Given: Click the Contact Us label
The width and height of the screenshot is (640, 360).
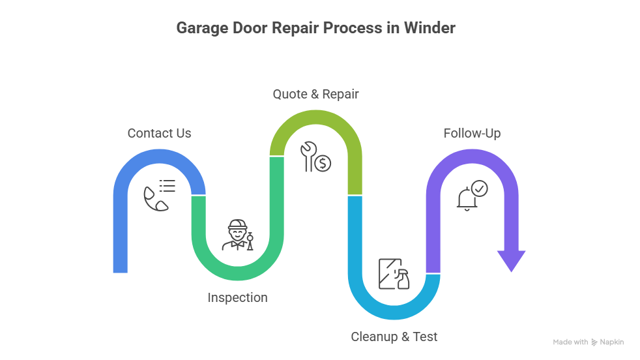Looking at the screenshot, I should pyautogui.click(x=159, y=133).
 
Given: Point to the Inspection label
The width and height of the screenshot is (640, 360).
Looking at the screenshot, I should pyautogui.click(x=237, y=297).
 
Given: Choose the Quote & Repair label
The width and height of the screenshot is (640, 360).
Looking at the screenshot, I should pyautogui.click(x=315, y=94).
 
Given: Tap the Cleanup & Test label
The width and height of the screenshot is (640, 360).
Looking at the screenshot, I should pyautogui.click(x=394, y=337).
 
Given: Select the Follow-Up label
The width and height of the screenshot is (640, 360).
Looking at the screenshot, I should pyautogui.click(x=472, y=133).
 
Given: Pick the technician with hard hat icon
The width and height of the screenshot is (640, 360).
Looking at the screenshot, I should pyautogui.click(x=237, y=235).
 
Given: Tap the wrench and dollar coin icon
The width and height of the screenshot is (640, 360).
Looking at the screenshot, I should pyautogui.click(x=315, y=157).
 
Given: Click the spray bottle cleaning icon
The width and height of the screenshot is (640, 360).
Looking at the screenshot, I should pyautogui.click(x=394, y=275).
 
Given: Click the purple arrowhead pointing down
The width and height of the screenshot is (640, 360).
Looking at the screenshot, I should pyautogui.click(x=511, y=260).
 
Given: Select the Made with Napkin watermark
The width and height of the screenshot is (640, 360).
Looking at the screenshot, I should pyautogui.click(x=588, y=342).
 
